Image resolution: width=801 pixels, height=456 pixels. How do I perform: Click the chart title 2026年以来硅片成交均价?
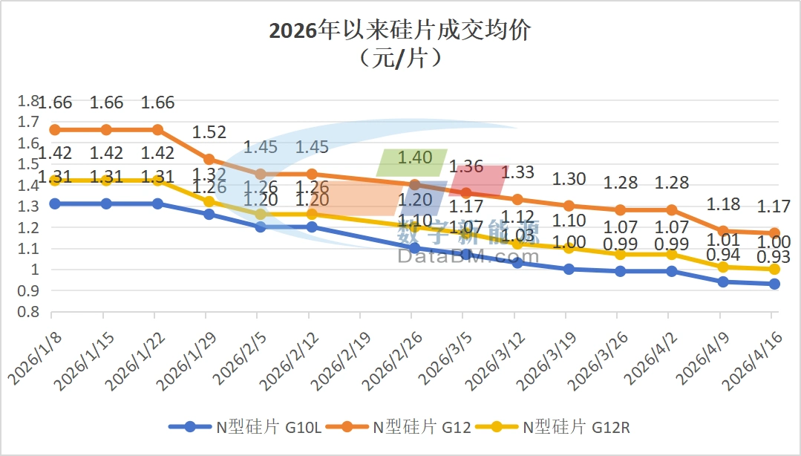pyautogui.click(x=400, y=31)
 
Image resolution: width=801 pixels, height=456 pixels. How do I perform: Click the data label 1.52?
pyautogui.click(x=209, y=132)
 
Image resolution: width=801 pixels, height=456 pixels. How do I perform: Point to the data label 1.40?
pyautogui.click(x=415, y=157)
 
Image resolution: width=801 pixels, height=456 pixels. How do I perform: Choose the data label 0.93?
pyautogui.click(x=774, y=258)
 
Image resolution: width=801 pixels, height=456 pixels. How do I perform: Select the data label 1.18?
pyautogui.click(x=723, y=203)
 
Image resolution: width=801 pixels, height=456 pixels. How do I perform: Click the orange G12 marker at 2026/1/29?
pyautogui.click(x=209, y=159)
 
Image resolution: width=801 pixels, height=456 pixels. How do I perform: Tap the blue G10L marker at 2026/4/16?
pyautogui.click(x=774, y=284)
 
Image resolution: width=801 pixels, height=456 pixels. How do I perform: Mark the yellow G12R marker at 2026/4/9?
pyautogui.click(x=723, y=267)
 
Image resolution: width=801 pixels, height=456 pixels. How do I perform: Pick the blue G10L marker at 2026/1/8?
pyautogui.click(x=55, y=203)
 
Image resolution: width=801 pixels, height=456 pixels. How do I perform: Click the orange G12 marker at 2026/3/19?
pyautogui.click(x=569, y=206)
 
